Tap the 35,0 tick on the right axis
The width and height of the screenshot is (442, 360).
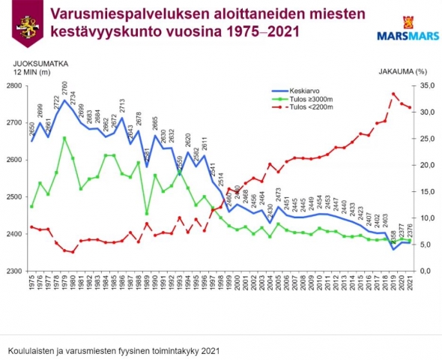coord(424,86)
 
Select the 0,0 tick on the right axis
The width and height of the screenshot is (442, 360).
coord(423,271)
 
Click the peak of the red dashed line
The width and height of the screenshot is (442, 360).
coord(393,94)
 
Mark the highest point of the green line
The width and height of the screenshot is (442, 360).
coord(65,138)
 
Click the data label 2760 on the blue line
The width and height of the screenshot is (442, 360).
coord(64,88)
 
